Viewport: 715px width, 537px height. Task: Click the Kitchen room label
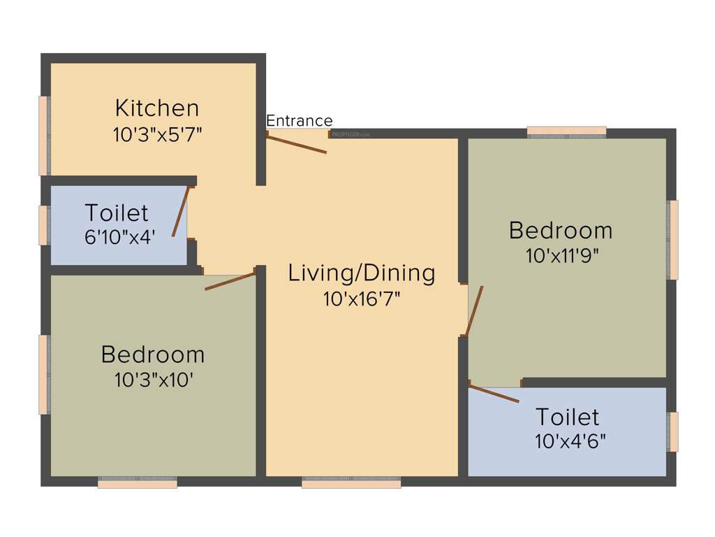click(157, 108)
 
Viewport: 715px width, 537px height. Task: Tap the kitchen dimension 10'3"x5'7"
click(158, 134)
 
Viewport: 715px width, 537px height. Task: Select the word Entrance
click(300, 121)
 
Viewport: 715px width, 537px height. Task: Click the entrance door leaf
click(297, 143)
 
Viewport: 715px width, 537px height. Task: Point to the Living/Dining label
click(362, 273)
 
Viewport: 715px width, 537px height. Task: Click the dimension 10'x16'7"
click(362, 299)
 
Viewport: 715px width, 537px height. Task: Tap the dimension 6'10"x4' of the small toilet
click(119, 237)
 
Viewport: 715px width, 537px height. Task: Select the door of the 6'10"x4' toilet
click(180, 211)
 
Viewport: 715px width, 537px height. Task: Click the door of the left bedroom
click(230, 281)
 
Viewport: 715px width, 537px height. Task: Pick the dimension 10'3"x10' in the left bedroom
click(154, 380)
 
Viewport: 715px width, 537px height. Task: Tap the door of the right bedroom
click(474, 311)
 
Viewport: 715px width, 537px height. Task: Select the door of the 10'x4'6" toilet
click(494, 393)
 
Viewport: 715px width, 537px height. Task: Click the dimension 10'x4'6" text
click(570, 442)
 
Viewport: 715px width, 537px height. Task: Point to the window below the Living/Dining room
click(351, 483)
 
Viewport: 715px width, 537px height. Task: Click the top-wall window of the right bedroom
click(566, 131)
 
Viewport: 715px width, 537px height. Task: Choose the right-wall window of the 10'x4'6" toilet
click(673, 432)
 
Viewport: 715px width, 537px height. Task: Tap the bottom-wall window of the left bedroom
click(137, 483)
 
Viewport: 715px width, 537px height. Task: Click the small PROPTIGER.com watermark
click(351, 134)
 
